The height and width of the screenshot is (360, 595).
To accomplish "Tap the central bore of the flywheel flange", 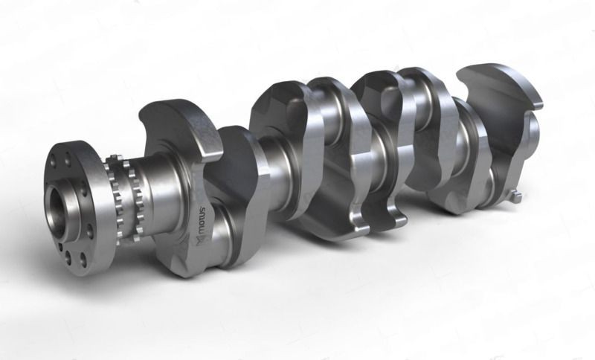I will [x=57, y=202].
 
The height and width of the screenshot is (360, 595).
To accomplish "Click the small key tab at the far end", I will [x=516, y=196].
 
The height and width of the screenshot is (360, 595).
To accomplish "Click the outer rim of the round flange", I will [x=97, y=201].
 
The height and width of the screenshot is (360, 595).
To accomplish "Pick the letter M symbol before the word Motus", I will [x=199, y=240].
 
